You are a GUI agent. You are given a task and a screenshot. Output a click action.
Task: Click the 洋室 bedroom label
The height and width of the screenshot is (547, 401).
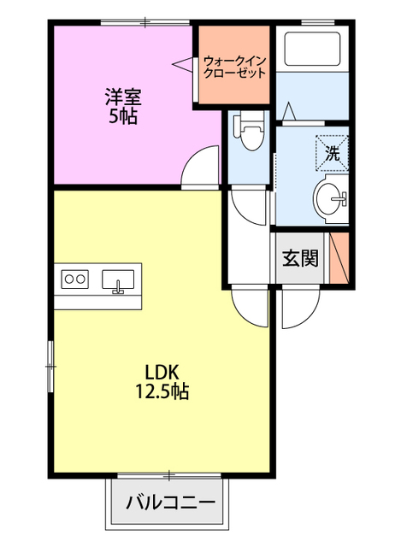coord(123,97)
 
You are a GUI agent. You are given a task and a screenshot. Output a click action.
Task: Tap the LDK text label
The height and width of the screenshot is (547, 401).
coord(162,373)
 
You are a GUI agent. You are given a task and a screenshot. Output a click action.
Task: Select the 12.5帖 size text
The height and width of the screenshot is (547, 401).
coord(162,391)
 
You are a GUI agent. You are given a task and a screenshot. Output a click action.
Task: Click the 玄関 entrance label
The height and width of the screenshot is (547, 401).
coord(300,258)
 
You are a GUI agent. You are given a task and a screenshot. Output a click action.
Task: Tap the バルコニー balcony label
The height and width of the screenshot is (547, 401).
coord(170,503)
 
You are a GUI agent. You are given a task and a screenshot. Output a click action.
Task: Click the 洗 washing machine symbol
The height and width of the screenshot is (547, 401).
coord(333,153)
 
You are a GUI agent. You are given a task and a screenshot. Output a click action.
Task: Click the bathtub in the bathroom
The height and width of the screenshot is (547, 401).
coord(312,49)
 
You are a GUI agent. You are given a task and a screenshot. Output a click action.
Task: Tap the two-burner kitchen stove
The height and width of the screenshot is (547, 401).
coord(75,279)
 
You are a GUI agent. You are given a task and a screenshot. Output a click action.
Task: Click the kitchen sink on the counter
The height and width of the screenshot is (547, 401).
coord(118,280)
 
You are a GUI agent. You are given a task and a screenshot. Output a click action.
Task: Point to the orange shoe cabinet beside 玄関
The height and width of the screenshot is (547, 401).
coord(339,257)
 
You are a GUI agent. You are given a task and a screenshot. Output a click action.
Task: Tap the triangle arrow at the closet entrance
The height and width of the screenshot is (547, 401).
coord(182,64)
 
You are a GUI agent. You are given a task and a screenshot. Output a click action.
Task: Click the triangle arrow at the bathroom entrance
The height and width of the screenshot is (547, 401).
coord(289,111)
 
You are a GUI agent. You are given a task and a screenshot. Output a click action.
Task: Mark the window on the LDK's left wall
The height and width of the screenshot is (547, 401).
coord(51,367)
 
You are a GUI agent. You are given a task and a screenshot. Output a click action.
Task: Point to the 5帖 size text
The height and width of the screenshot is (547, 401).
coord(123,116)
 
